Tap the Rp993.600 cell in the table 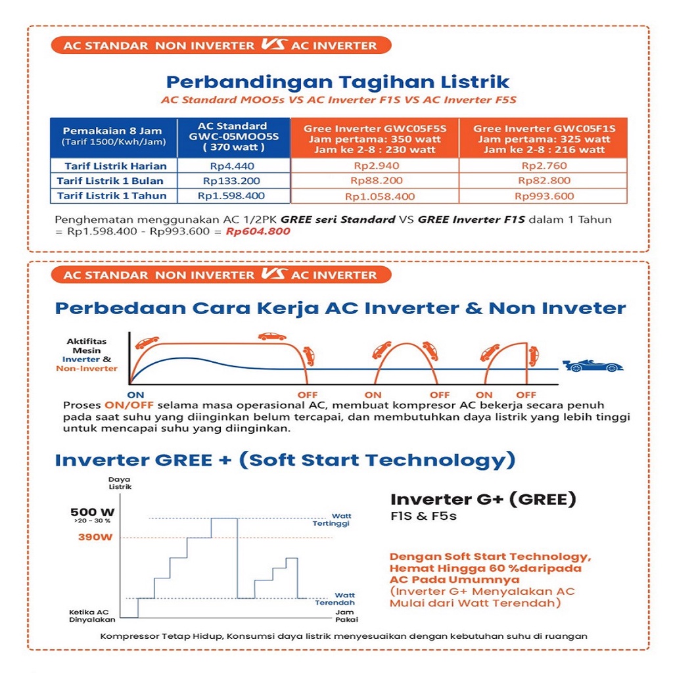(x=544, y=196)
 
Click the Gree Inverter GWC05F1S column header (x=544, y=139)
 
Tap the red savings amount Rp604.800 (x=258, y=231)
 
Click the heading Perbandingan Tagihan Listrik (x=337, y=82)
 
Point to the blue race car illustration (x=593, y=365)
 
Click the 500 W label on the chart (x=93, y=512)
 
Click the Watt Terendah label (x=336, y=599)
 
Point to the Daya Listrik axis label (x=120, y=484)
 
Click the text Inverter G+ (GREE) (x=483, y=499)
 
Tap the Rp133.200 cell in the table (x=231, y=181)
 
